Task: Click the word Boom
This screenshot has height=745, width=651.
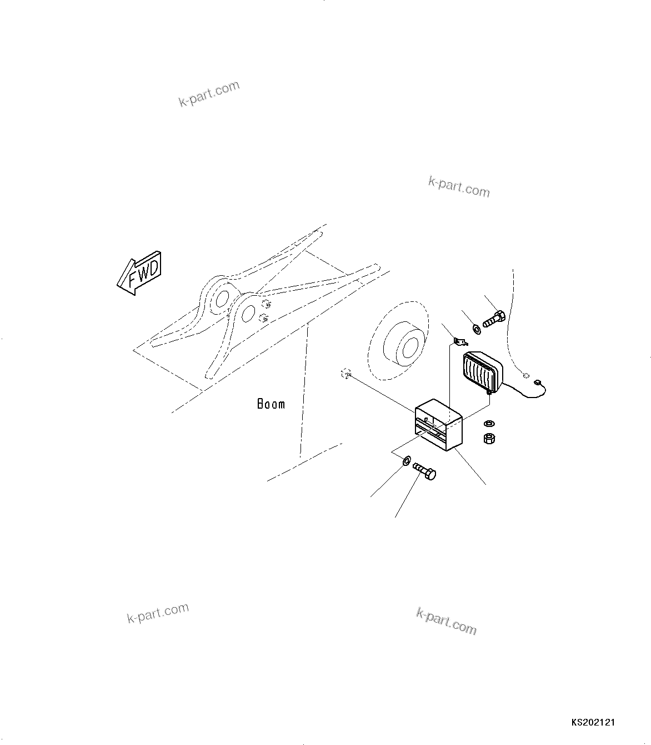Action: point(271,404)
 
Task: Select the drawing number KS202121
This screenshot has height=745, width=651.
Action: point(593,723)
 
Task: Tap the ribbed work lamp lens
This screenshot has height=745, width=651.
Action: point(479,374)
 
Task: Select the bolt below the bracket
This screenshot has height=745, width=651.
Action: point(425,472)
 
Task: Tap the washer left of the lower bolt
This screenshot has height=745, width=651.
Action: point(406,460)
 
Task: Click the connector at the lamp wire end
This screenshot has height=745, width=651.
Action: point(537,383)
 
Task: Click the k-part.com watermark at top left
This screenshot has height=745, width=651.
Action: point(209,93)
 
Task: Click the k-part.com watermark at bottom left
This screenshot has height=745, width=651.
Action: point(158,613)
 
